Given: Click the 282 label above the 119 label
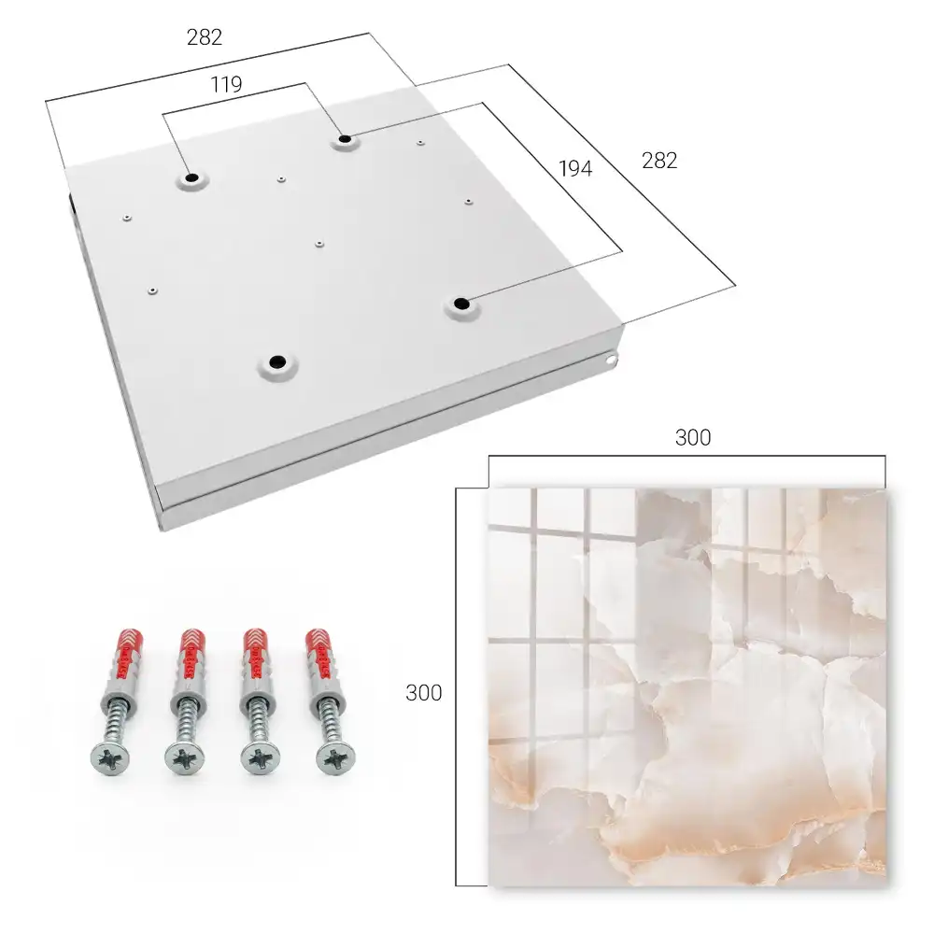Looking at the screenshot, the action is [205, 37].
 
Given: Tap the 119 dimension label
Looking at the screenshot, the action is [226, 85].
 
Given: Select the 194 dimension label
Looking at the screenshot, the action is [575, 169].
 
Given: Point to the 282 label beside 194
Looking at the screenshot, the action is [659, 161].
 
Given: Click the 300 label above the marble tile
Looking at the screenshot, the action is [693, 438].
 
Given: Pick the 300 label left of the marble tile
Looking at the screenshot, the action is [423, 693].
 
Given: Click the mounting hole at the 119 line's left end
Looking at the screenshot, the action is [191, 178].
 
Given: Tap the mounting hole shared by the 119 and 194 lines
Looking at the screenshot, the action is [345, 140].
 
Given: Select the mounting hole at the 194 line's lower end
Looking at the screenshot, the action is [461, 304].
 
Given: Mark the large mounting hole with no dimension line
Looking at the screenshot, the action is [277, 361].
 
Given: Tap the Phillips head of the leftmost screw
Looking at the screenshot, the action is [111, 757].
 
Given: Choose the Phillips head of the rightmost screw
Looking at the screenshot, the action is [334, 758].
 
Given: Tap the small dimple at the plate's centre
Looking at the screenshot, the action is [319, 244].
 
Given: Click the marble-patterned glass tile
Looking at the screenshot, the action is [687, 687].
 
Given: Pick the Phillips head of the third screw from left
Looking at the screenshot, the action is [261, 758].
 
